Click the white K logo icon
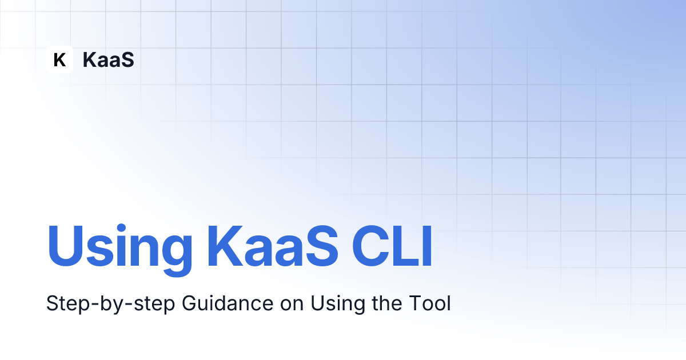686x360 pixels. pyautogui.click(x=59, y=59)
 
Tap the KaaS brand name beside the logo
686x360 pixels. pyautogui.click(x=109, y=59)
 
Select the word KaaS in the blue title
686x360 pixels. pyautogui.click(x=273, y=246)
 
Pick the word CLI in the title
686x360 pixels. pyautogui.click(x=392, y=246)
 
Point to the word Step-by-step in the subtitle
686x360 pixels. pyautogui.click(x=110, y=304)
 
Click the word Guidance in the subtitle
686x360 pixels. pyautogui.click(x=228, y=303)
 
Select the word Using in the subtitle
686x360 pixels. pyautogui.click(x=338, y=304)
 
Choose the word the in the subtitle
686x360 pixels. pyautogui.click(x=387, y=303)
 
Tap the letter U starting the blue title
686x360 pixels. pyautogui.click(x=65, y=246)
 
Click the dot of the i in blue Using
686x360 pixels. pyautogui.click(x=121, y=228)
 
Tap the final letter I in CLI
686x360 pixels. pyautogui.click(x=428, y=246)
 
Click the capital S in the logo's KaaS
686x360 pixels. pyautogui.click(x=127, y=59)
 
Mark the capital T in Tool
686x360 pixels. pyautogui.click(x=415, y=303)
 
